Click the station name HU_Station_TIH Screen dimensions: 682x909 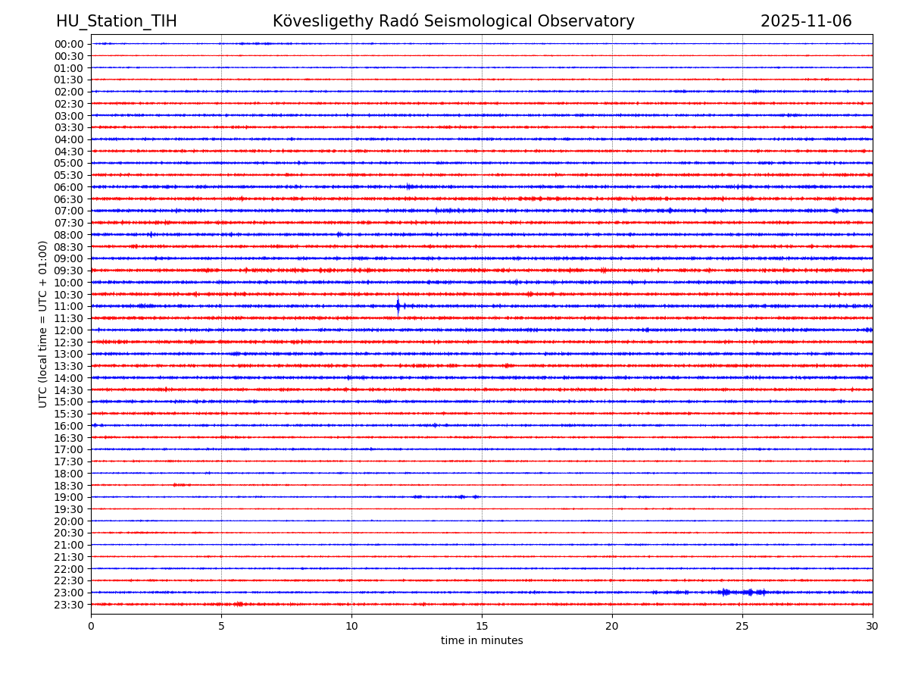tap(116, 22)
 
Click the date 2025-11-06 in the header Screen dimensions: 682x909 tap(806, 22)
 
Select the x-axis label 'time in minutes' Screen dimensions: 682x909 tap(482, 641)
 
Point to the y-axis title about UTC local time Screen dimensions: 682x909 tap(43, 324)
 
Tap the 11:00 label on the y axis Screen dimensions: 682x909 tap(69, 307)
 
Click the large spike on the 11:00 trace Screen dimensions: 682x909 tap(398, 306)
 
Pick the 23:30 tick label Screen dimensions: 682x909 tap(69, 605)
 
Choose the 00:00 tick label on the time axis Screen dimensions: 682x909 tap(69, 44)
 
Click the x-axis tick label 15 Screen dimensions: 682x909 tap(482, 627)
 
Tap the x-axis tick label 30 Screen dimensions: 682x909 tap(873, 627)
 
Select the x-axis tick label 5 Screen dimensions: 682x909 tap(221, 627)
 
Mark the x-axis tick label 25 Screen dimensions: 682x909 tap(742, 627)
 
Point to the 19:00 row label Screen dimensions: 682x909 tap(69, 498)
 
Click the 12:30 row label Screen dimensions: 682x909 tap(69, 343)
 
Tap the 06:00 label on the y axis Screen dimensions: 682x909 tap(69, 187)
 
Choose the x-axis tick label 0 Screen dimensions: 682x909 tap(91, 627)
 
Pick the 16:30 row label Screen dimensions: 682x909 tap(69, 438)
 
